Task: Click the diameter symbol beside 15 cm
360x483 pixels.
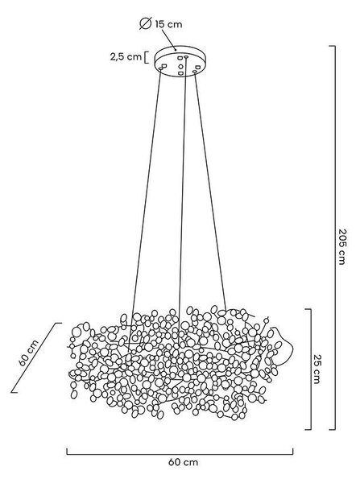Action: coord(146,23)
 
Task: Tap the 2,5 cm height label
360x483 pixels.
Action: coord(126,56)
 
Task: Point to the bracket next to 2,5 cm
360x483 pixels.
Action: coord(146,57)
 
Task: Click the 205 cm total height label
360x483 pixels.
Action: coord(342,246)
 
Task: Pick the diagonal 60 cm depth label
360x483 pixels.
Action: coord(29,353)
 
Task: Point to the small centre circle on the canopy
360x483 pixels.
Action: coord(180,66)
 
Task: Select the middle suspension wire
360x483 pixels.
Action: coord(183,200)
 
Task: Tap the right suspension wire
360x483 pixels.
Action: coord(210,191)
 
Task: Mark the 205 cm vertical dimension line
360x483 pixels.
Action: coord(334,237)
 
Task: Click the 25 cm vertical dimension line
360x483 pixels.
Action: coord(310,369)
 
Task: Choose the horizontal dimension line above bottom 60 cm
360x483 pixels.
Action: coord(180,454)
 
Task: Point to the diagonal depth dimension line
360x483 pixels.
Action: coord(36,357)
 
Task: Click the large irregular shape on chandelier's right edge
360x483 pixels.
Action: coord(282,346)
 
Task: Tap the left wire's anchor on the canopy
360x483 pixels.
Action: coord(160,68)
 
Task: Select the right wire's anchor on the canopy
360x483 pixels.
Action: coord(194,72)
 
